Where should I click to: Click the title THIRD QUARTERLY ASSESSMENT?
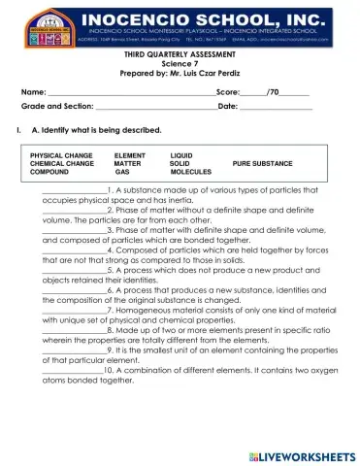click(180, 53)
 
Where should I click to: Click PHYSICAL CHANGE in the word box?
click(61, 154)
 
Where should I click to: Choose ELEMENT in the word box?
click(129, 154)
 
